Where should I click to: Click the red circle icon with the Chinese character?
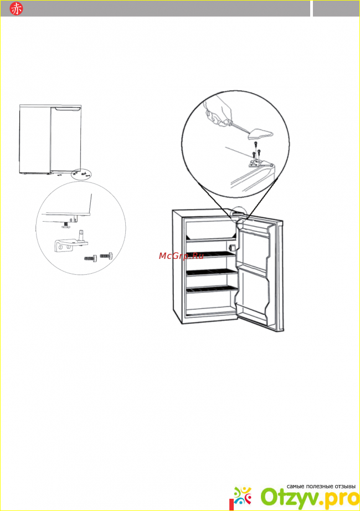tap(16, 9)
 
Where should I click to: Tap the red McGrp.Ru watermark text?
tap(181, 256)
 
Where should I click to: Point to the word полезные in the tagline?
tap(318, 486)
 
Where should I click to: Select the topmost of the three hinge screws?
tap(255, 144)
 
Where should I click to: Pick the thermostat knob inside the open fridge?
tap(232, 248)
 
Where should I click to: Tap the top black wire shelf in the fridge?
tap(210, 255)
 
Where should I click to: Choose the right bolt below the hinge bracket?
tap(106, 256)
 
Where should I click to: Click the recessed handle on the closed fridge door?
tap(68, 109)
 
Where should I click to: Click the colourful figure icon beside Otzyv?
tap(243, 497)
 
